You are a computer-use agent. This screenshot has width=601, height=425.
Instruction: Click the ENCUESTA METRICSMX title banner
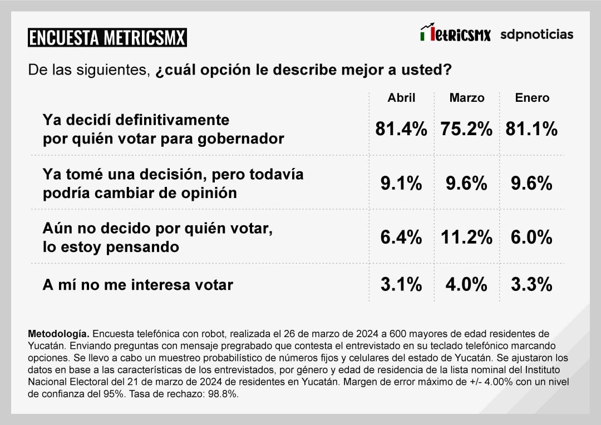(107, 38)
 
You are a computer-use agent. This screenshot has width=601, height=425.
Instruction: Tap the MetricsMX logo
(455, 34)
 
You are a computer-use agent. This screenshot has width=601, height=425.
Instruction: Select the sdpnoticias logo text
(536, 34)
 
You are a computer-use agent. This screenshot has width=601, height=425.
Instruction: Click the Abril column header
(402, 98)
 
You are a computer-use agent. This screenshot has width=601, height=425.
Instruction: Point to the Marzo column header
(467, 98)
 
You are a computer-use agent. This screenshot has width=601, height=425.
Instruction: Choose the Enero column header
(532, 98)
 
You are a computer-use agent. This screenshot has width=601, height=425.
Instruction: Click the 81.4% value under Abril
(401, 129)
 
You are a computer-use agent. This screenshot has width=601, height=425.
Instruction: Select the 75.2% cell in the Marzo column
(466, 129)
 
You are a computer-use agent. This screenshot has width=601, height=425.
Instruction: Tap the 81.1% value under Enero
(531, 129)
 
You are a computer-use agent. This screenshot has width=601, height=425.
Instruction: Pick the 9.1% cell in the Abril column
(401, 183)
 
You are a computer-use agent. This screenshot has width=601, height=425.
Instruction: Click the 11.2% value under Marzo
(466, 238)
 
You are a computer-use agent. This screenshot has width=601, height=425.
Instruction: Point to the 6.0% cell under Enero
(531, 238)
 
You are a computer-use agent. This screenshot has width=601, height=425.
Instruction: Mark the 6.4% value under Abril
(401, 238)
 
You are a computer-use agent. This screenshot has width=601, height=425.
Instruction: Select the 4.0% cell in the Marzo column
(466, 284)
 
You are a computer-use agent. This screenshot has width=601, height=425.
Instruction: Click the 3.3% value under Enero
(531, 284)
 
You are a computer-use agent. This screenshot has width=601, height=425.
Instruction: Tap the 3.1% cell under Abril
(401, 284)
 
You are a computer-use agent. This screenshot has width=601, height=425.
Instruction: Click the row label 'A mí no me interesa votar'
(138, 285)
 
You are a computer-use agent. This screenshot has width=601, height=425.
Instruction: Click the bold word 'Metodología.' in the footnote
(58, 334)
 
